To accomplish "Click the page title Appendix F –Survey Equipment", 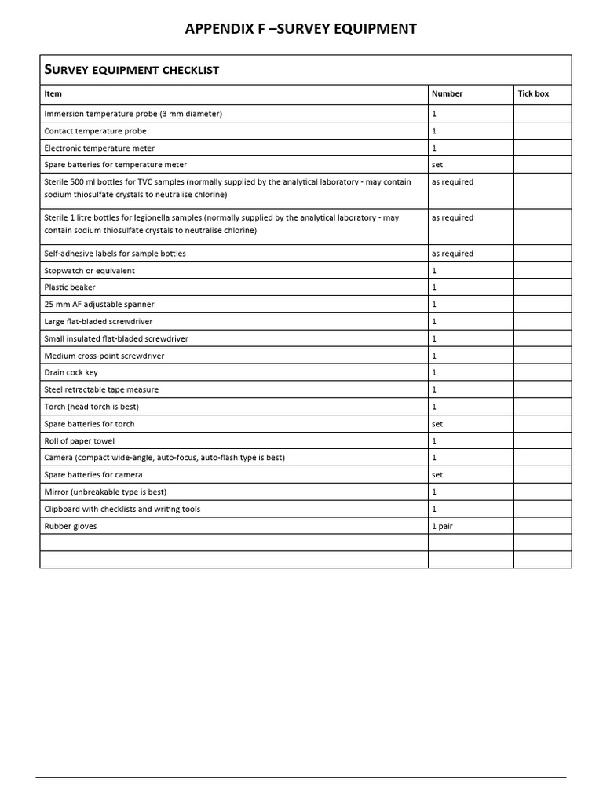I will point(301,29).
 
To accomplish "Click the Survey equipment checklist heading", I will point(132,70).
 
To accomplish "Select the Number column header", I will point(447,93).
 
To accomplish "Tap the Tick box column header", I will point(533,93).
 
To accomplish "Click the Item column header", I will point(53,93).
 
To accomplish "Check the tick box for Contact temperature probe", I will point(543,131).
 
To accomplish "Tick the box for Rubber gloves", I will point(543,526).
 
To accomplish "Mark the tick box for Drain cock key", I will point(543,373).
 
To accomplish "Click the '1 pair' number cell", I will point(443,526).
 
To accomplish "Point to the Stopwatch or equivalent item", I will point(90,271).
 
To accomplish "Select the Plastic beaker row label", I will point(70,287).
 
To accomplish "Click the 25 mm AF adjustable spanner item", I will point(99,305).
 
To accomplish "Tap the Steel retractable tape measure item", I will point(101,389).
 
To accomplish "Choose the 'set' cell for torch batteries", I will point(437,424).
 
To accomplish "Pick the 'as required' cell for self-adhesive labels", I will point(452,254).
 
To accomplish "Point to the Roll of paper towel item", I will point(82,441).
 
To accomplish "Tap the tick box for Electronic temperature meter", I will point(543,148).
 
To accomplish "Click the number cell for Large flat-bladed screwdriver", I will point(434,322).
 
